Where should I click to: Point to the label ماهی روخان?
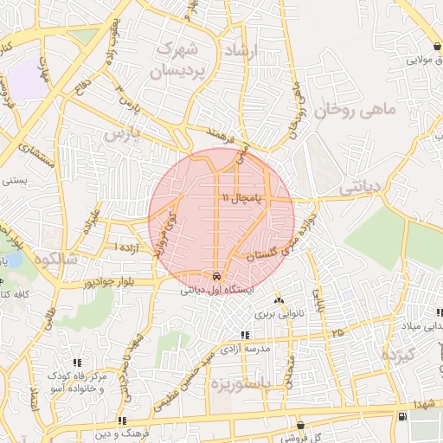point(355,111)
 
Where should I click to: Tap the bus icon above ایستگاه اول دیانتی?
point(215,278)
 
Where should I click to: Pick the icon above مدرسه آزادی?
point(245,335)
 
